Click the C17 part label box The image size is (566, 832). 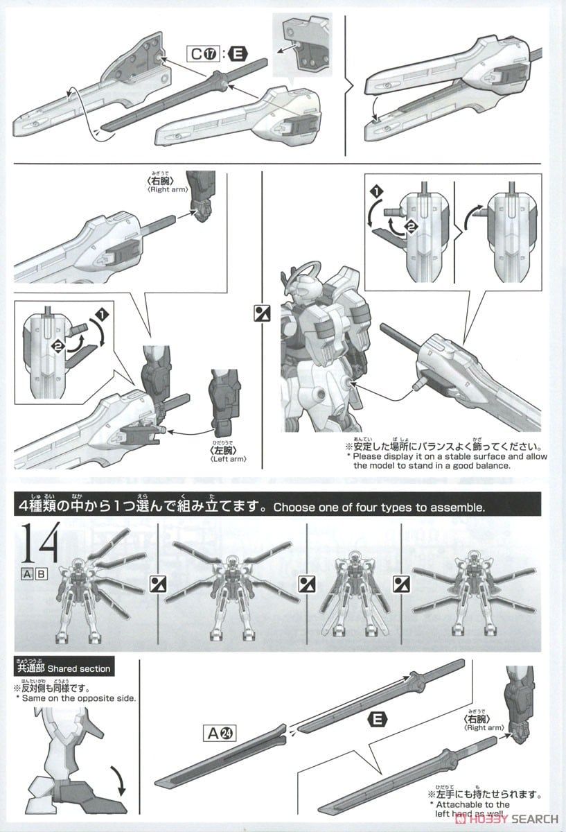[x=204, y=54]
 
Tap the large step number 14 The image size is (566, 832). [x=40, y=544]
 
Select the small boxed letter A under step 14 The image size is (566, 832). [x=27, y=574]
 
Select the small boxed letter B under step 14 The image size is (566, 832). [x=41, y=574]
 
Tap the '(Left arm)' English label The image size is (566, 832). [x=228, y=459]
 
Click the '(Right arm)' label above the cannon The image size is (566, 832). [x=168, y=189]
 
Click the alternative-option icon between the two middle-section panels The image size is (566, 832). [x=262, y=313]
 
